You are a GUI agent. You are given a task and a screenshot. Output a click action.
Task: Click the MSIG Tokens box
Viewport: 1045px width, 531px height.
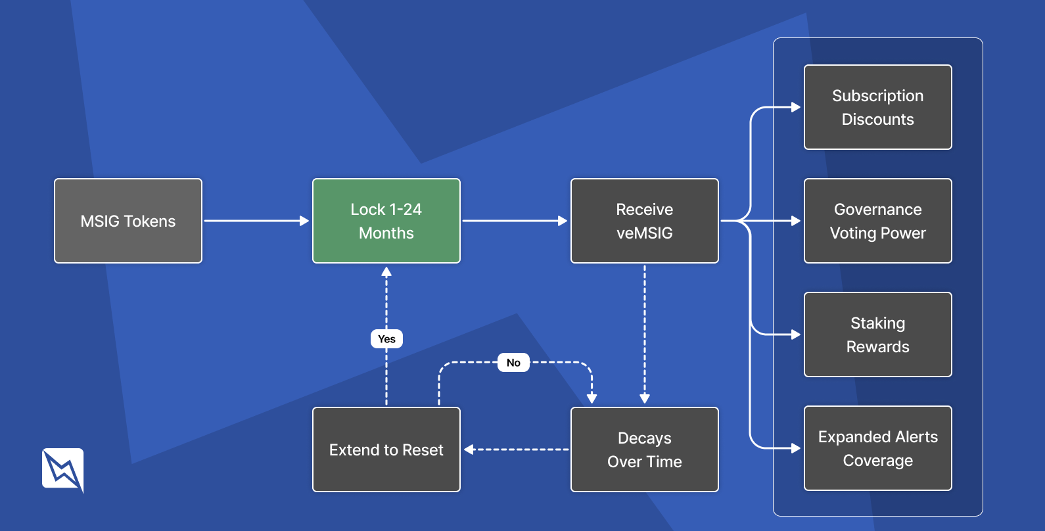(128, 221)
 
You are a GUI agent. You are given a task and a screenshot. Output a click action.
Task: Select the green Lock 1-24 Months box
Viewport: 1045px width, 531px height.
(386, 221)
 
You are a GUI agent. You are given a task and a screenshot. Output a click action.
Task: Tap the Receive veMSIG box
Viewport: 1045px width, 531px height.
(644, 221)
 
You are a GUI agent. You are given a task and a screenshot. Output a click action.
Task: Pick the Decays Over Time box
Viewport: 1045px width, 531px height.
(644, 450)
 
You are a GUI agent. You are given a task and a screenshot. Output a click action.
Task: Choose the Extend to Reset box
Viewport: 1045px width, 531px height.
(386, 450)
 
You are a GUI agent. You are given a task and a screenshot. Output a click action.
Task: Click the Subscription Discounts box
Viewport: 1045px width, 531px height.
(877, 107)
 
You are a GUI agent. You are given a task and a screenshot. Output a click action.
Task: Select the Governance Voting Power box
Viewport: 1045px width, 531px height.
(877, 221)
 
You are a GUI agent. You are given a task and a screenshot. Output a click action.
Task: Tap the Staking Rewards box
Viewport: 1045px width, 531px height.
(877, 335)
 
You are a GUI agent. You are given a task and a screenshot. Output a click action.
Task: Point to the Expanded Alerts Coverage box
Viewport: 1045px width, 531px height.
(877, 448)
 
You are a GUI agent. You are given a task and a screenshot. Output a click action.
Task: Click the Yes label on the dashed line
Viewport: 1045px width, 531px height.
(386, 339)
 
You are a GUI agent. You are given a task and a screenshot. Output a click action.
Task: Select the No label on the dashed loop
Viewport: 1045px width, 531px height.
(513, 363)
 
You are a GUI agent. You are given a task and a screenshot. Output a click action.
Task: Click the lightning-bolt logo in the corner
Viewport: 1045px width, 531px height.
(63, 469)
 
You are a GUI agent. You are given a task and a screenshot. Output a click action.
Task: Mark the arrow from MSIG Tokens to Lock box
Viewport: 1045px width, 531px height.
(256, 221)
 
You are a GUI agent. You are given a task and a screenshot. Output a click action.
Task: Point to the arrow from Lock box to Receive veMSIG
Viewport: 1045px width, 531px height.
(515, 221)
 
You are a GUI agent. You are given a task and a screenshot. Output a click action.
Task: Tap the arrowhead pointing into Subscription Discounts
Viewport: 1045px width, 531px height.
(796, 107)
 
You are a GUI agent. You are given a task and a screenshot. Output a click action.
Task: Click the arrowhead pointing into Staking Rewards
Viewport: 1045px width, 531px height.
(796, 335)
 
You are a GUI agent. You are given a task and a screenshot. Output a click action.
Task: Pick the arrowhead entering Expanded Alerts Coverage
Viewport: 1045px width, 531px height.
(796, 448)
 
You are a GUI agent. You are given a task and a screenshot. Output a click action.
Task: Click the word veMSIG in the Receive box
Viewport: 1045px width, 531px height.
(644, 233)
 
